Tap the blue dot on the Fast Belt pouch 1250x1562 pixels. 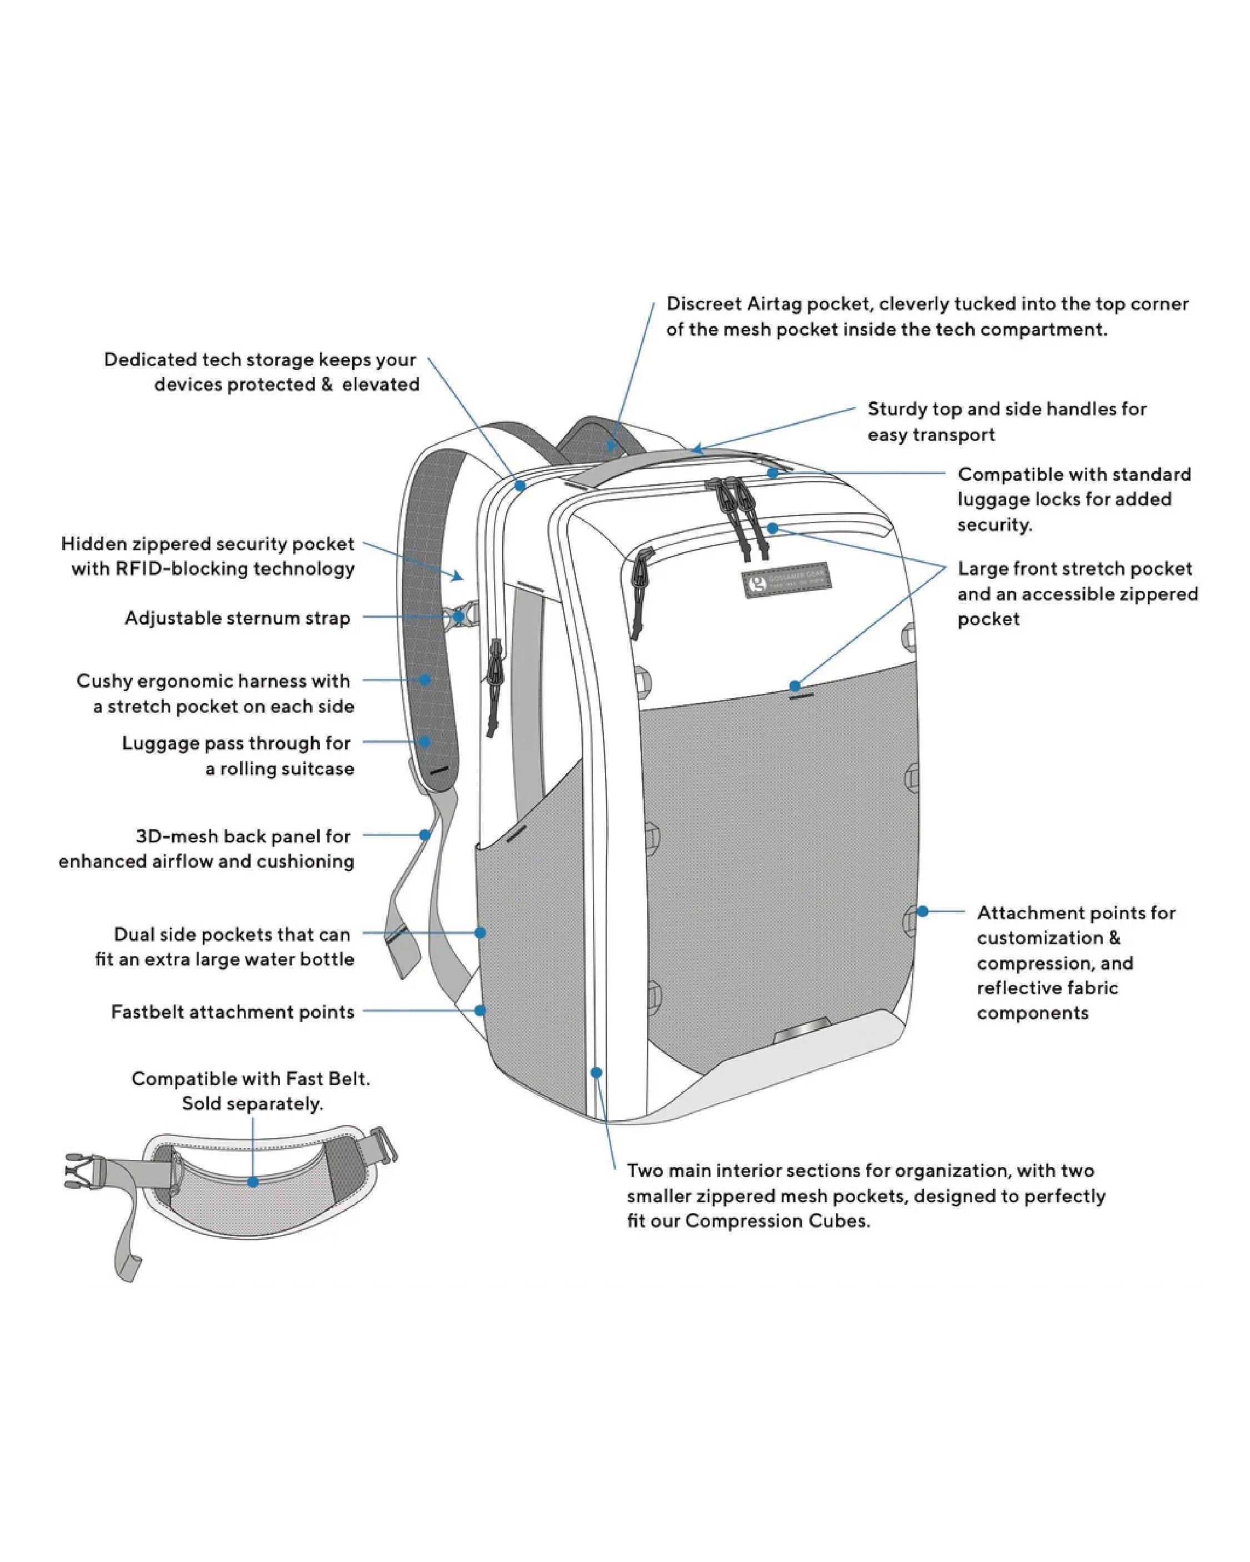click(253, 1181)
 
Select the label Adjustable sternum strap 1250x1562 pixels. click(237, 618)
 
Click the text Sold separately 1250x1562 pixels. click(252, 1103)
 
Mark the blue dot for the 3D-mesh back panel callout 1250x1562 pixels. click(426, 835)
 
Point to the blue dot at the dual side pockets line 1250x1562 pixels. click(479, 933)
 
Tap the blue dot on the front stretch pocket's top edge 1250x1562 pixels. click(795, 685)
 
